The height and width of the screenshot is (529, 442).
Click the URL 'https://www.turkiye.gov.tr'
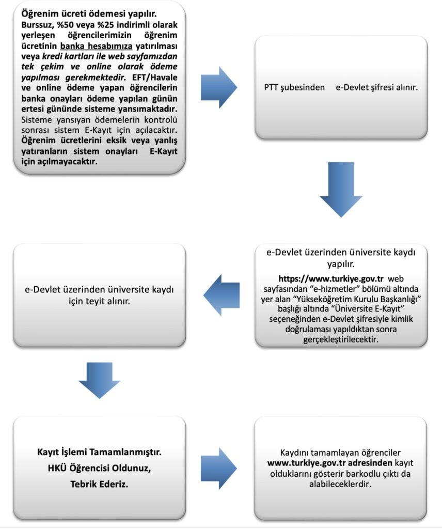[333, 277]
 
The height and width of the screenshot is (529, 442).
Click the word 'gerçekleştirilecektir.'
[341, 339]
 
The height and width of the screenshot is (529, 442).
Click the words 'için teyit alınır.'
[99, 300]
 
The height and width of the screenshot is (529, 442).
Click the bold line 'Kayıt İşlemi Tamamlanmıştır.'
[99, 452]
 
